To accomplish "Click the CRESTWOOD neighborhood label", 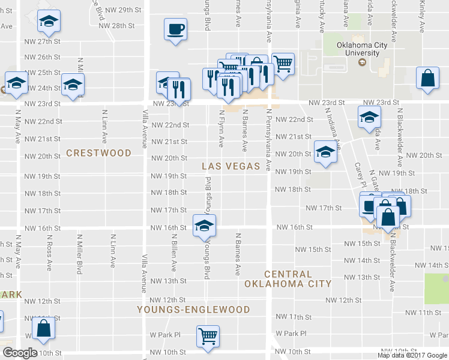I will coord(98,153).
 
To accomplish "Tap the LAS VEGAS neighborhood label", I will coord(230,166).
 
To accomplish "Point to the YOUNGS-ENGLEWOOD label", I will coord(193,310).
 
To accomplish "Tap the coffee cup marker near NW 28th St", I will coord(175,29).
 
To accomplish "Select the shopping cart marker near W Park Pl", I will coord(208,336).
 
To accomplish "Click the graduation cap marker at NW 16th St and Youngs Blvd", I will coord(204,226).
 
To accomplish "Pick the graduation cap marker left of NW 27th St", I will coord(48,22).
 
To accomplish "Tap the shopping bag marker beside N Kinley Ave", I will coord(427,79).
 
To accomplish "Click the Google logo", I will coord(19,353).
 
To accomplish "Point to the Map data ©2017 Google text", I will coord(412,355).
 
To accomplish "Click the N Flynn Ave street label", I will coord(221,128).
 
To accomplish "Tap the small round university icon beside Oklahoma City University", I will coord(362,62).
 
